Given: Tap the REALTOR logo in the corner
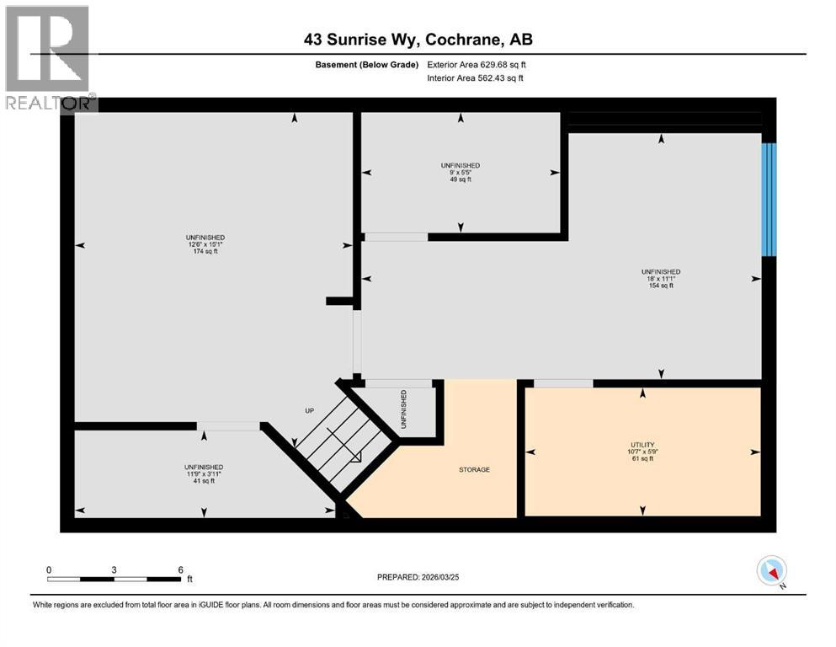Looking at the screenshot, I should coord(48,58).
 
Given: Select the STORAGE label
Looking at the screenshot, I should coord(474,469).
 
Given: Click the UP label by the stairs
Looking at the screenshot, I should coord(308,410).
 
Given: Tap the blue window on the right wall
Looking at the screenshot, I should coord(768,199).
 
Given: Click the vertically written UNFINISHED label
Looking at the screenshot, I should coord(404,409).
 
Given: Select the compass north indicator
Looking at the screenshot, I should coord(771,572).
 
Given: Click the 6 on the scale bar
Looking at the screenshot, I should coord(180,569).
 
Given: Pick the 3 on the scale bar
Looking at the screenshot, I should coord(114,569).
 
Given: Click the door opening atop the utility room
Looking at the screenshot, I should coord(562,383).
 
